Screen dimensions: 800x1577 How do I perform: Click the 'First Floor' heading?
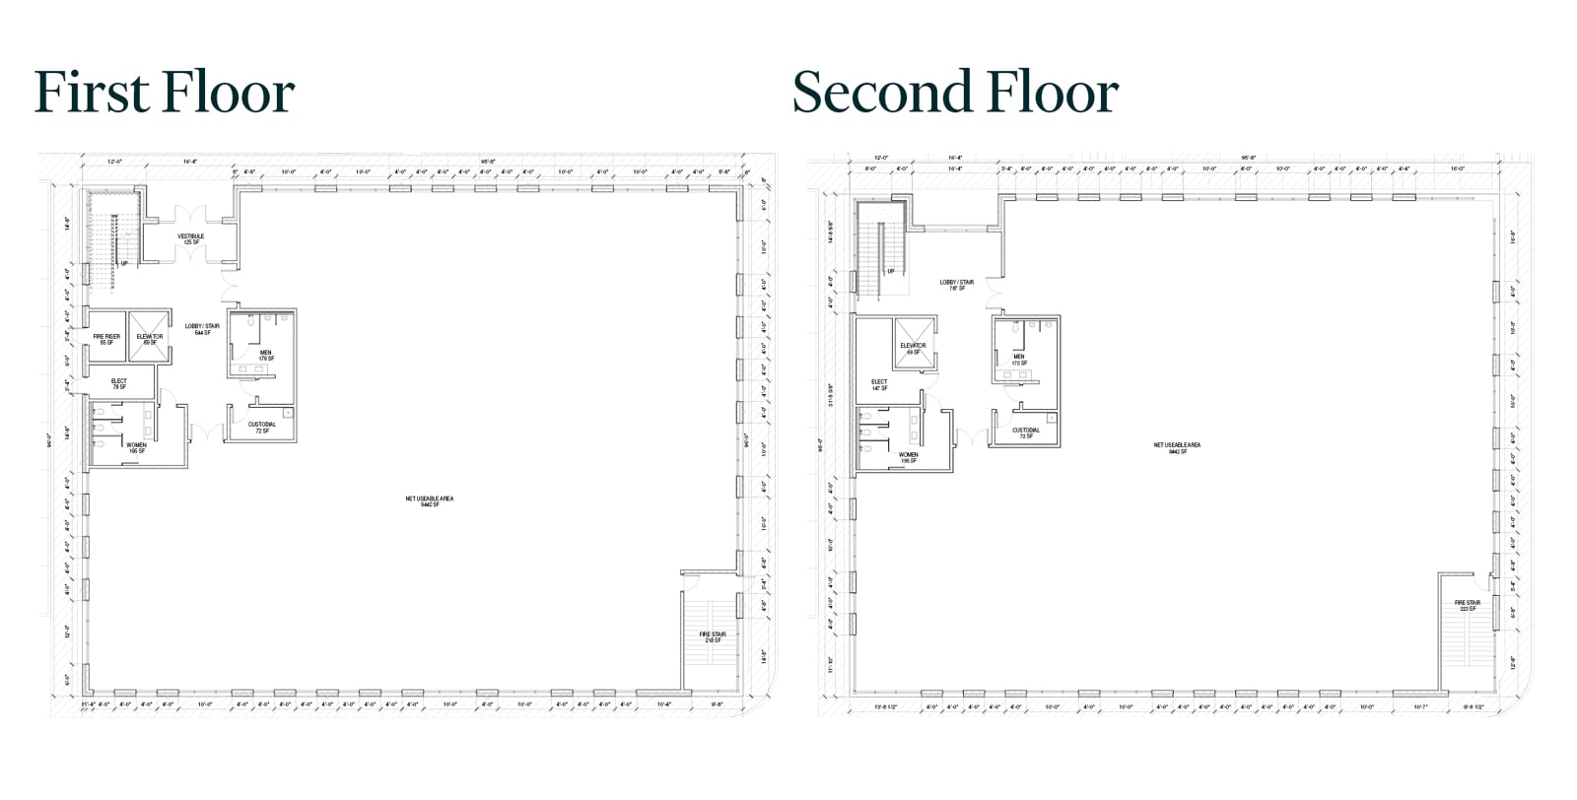165,93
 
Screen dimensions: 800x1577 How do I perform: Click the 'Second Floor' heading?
954,93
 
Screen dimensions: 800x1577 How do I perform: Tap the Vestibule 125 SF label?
190,239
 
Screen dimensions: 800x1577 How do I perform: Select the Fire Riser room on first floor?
106,339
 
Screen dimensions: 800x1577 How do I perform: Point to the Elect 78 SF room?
119,383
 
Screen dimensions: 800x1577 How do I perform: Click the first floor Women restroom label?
135,447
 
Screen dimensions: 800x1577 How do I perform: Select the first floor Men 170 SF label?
266,355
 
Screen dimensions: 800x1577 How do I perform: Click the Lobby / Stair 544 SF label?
202,329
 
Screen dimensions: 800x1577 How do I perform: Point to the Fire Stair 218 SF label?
712,637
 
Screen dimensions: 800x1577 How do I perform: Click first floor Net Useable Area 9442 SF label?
429,501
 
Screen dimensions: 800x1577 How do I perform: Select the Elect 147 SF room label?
879,384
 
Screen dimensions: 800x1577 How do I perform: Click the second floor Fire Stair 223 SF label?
1467,606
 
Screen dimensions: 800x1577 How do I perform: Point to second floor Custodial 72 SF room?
1026,433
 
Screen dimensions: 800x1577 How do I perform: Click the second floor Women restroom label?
908,457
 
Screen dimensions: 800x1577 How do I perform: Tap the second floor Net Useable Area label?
1177,447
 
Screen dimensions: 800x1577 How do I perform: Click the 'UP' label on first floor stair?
124,264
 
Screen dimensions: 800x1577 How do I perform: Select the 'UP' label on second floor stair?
891,271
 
